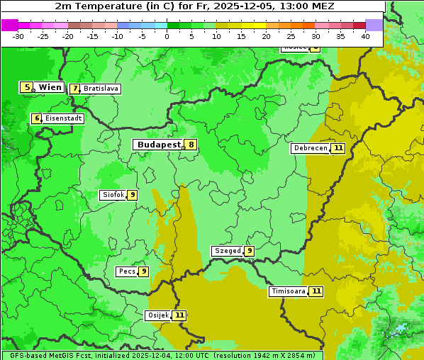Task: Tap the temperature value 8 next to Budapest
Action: (x=191, y=145)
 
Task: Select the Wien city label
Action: (x=50, y=87)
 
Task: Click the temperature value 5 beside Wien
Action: (x=27, y=87)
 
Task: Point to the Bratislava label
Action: (x=100, y=89)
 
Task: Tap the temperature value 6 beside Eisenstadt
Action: (x=36, y=118)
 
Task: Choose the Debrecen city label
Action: (x=310, y=148)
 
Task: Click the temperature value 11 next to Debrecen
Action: (x=338, y=148)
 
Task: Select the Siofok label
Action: (x=112, y=195)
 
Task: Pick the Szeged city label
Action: (x=227, y=251)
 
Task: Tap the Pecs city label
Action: (x=126, y=271)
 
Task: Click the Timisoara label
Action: (x=288, y=291)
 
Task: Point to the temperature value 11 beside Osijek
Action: (x=179, y=315)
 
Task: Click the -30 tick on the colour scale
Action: (x=18, y=36)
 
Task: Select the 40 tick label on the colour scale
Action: (x=364, y=36)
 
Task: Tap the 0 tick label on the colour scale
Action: (x=167, y=36)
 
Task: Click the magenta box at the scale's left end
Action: (x=9, y=25)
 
